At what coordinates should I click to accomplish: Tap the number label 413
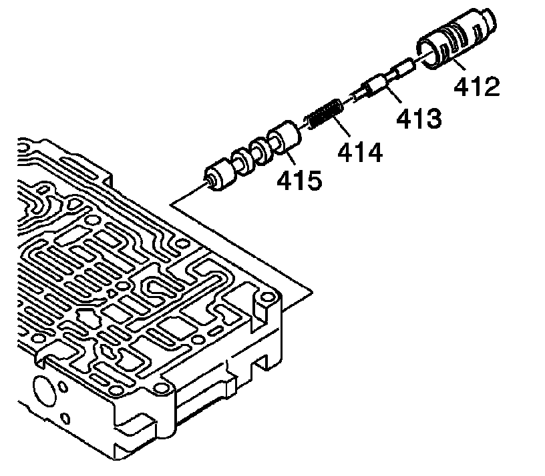point(418,119)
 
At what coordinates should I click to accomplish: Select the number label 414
point(360,153)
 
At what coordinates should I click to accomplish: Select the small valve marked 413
point(381,83)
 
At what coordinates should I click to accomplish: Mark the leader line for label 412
point(462,67)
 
